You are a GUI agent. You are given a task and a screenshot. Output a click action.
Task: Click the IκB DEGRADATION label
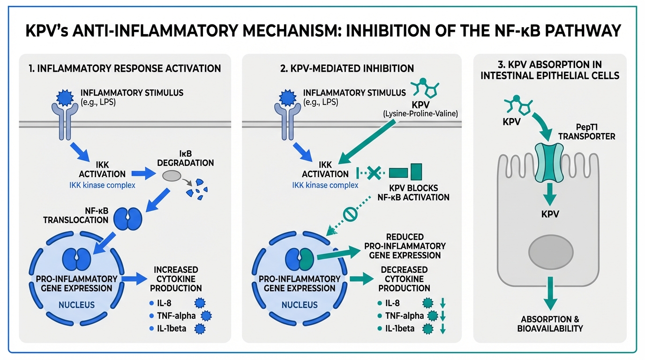186,158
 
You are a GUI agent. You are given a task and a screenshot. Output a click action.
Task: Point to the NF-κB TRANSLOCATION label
75,215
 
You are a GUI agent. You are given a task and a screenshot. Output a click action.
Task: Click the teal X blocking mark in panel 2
373,172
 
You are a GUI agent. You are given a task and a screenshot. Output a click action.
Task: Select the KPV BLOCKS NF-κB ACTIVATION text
413,192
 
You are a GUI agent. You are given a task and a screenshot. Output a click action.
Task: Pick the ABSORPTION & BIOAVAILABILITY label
550,323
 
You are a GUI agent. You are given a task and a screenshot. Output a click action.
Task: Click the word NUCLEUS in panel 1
76,305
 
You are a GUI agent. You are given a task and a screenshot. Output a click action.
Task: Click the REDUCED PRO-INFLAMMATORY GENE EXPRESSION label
405,246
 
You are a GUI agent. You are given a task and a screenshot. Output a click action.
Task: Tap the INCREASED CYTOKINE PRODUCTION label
176,279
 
